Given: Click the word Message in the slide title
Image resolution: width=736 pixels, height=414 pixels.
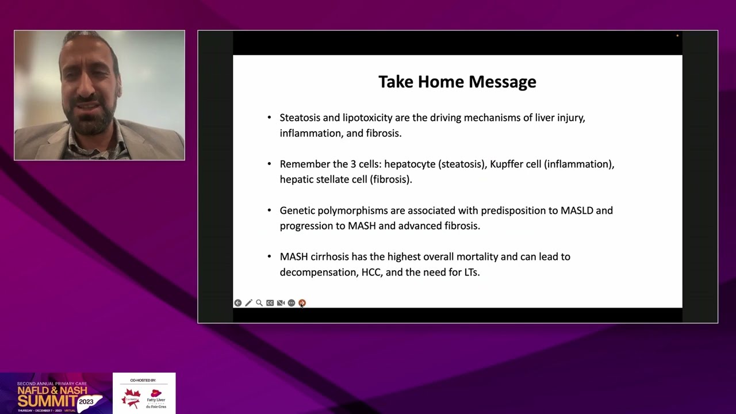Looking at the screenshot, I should click(502, 82).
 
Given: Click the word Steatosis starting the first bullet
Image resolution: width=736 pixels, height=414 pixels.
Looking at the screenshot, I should click(300, 118).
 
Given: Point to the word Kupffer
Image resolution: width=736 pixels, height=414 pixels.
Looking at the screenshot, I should click(507, 164).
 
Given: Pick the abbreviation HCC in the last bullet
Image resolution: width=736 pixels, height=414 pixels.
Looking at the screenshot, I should click(371, 272).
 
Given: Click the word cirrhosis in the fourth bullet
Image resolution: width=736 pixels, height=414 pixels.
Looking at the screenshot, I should click(331, 257).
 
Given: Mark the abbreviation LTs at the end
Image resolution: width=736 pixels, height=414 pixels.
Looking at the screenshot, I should click(471, 272).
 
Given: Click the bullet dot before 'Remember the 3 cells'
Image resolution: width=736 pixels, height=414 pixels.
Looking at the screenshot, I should click(269, 164).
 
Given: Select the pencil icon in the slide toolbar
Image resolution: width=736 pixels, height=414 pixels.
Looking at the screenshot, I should click(248, 303).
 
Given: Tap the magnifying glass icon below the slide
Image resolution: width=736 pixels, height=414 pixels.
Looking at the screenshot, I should click(259, 303).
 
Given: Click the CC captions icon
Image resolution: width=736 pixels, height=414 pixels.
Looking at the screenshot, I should click(270, 303).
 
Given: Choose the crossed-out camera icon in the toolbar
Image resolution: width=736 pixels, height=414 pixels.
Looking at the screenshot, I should click(281, 303).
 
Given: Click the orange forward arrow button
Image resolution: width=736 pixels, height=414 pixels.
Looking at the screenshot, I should click(302, 303).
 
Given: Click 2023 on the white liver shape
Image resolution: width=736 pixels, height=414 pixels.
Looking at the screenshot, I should click(86, 401).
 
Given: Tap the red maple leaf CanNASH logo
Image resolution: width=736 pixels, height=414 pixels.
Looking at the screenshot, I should click(132, 397).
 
